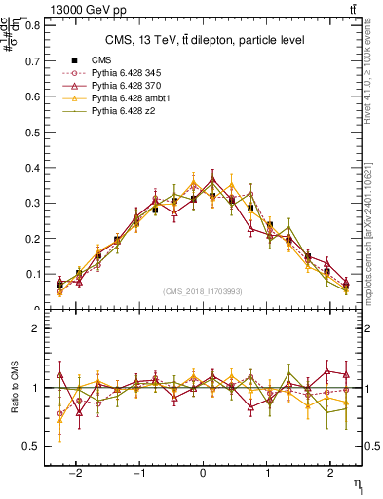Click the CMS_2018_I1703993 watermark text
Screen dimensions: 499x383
point(204,291)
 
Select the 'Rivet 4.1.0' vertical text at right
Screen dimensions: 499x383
point(367,88)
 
